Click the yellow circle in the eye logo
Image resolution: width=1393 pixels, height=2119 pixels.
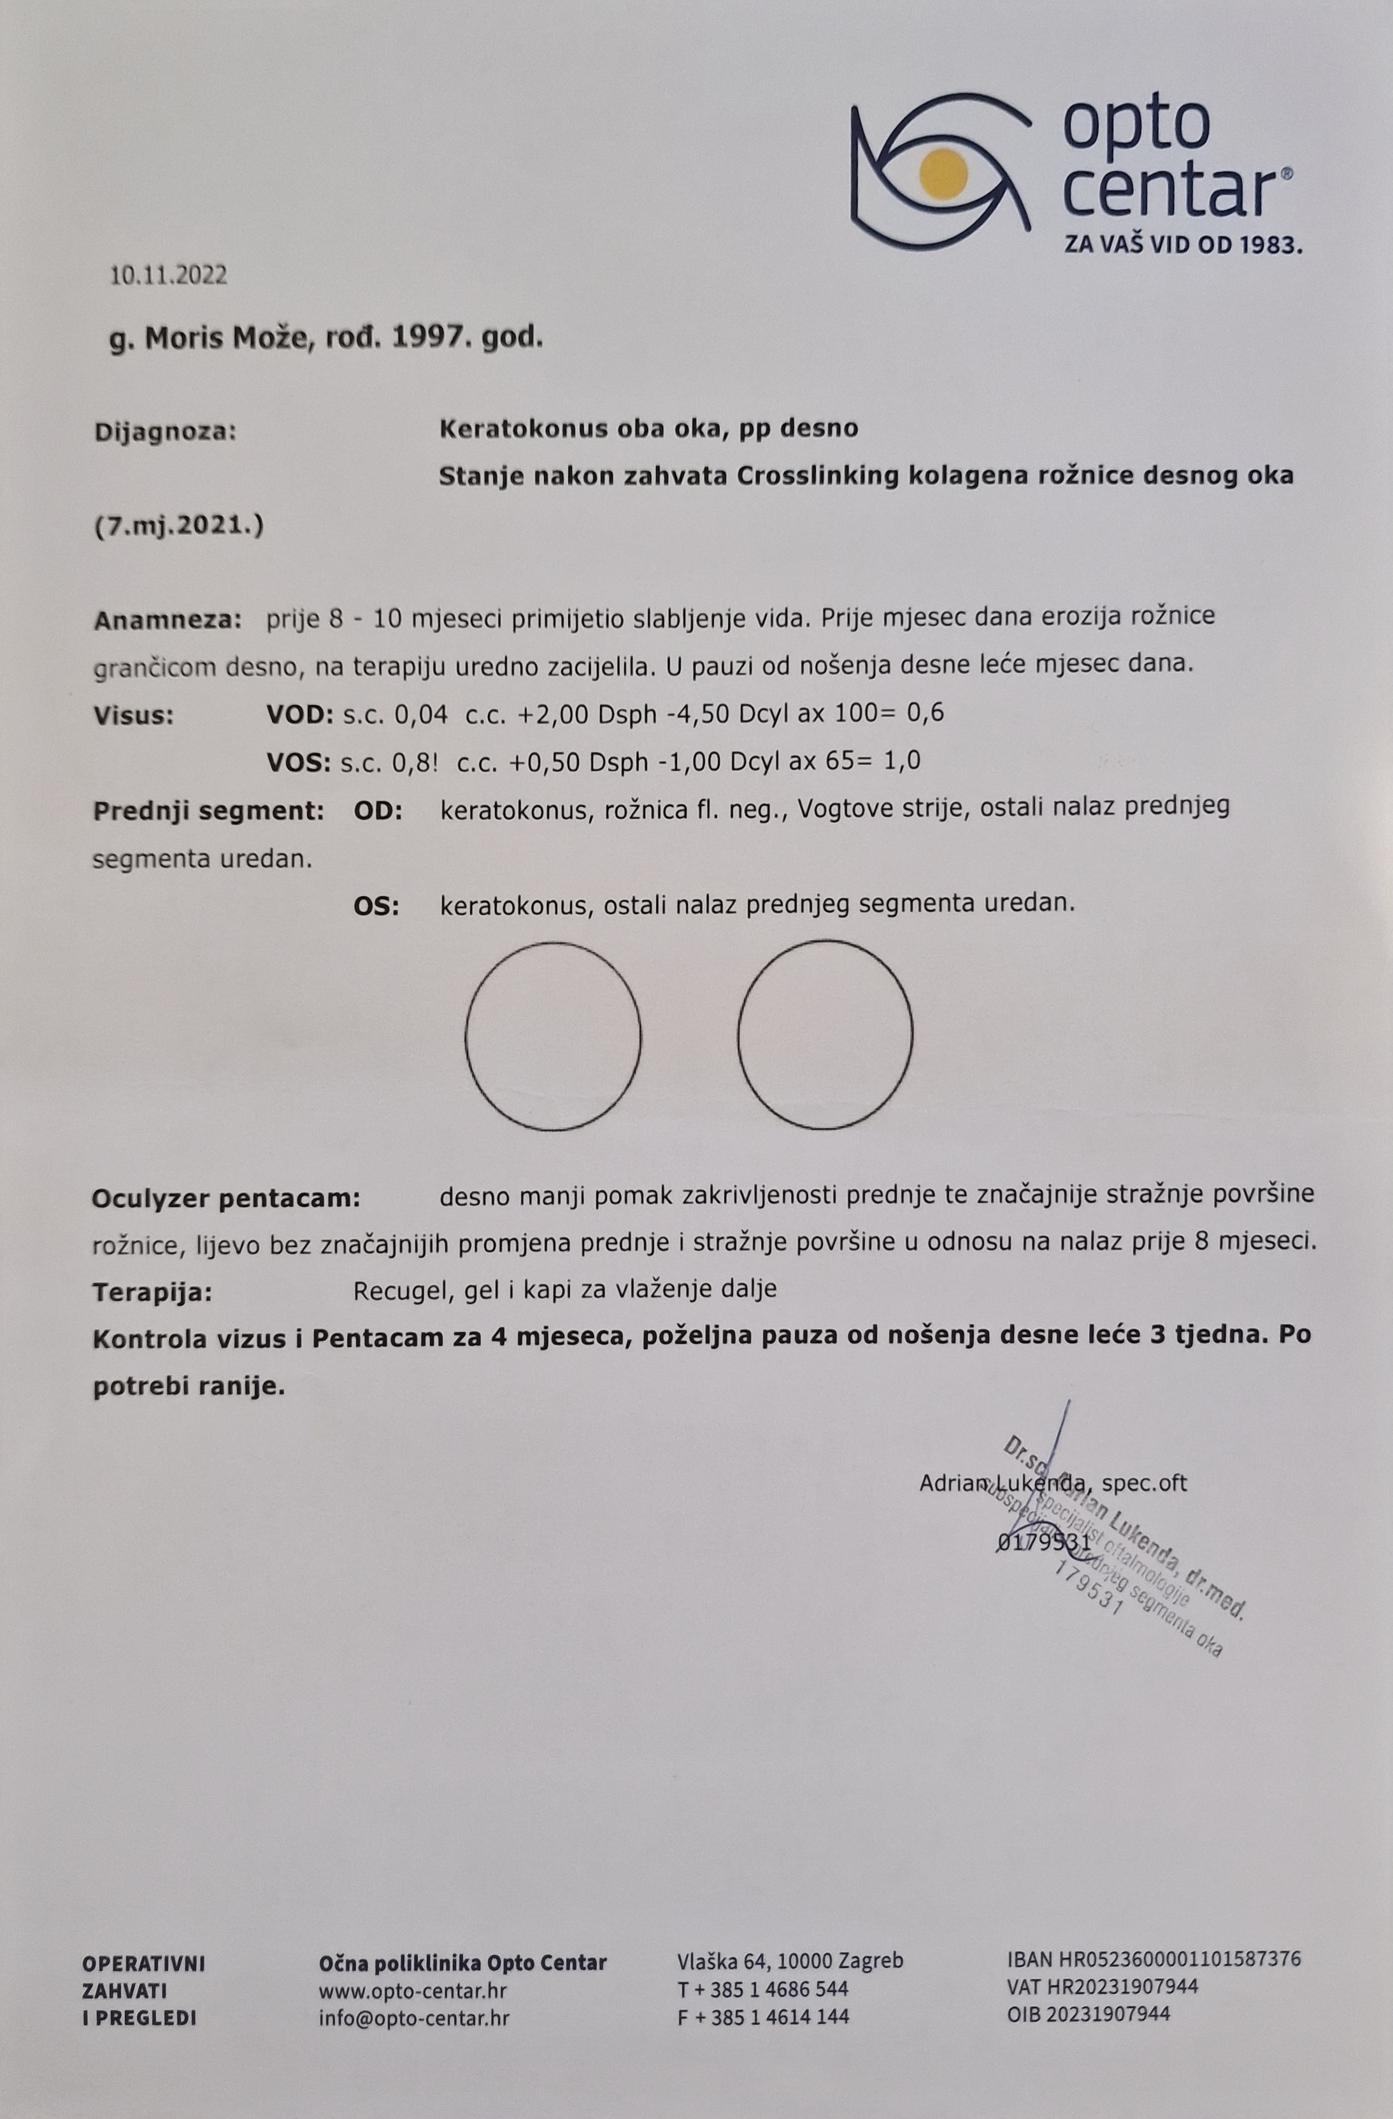tap(943, 173)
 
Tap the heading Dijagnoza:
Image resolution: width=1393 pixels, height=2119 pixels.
tap(165, 433)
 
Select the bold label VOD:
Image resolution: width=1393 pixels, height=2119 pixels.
tap(300, 714)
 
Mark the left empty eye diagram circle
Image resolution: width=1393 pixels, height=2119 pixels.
tap(553, 1036)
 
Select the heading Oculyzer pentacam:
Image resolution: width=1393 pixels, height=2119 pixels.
tap(226, 1198)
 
